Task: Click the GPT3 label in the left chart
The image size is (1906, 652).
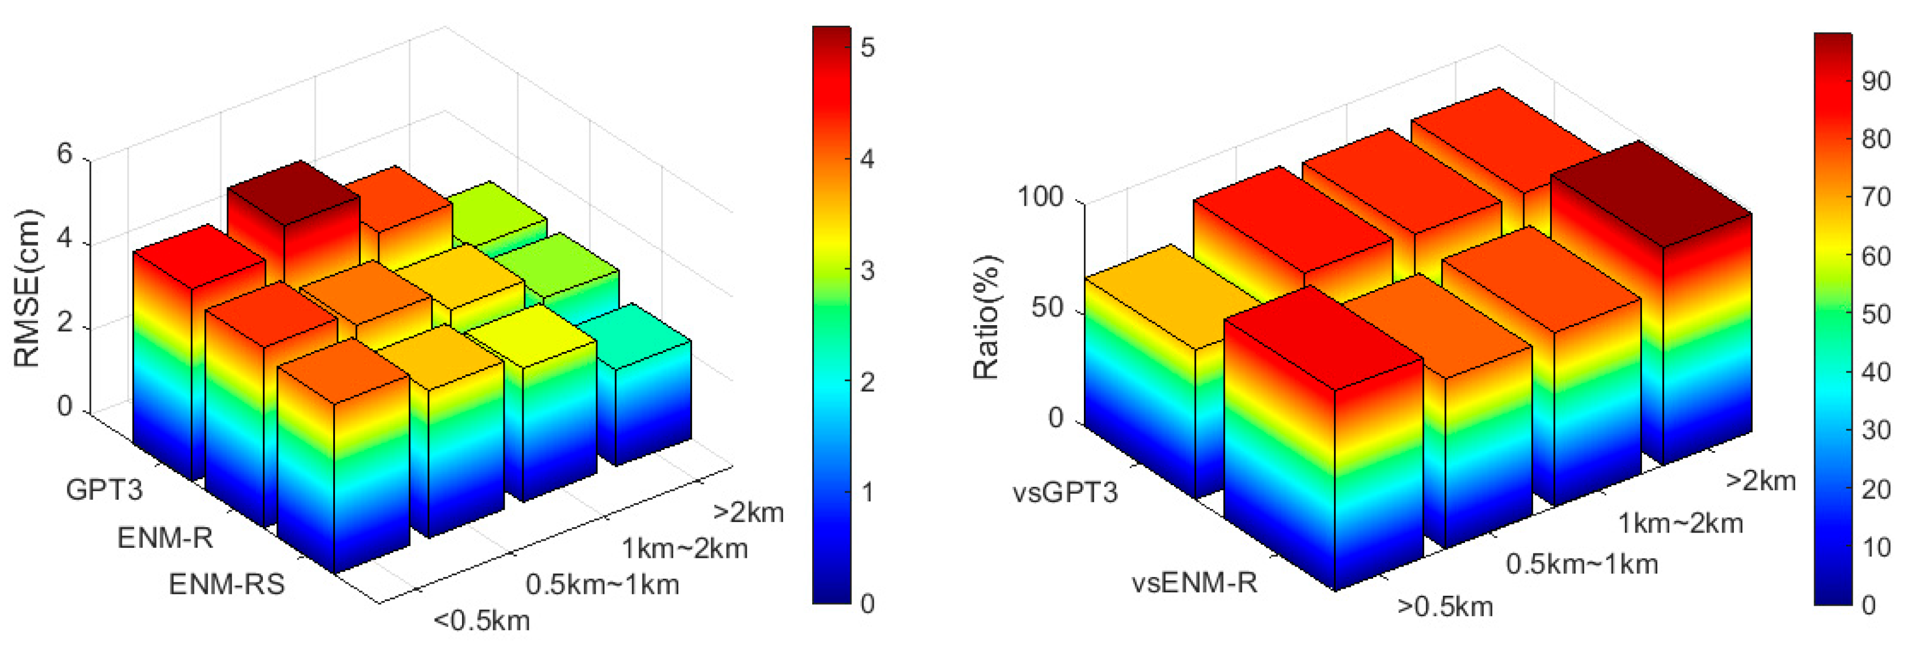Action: click(104, 489)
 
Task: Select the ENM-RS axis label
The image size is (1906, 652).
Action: click(227, 585)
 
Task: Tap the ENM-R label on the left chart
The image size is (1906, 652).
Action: click(165, 538)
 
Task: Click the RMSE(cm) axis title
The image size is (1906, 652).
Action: click(28, 289)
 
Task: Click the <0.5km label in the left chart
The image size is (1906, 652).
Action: click(482, 620)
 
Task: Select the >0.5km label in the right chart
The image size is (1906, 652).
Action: click(1445, 606)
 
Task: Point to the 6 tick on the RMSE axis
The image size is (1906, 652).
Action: click(65, 154)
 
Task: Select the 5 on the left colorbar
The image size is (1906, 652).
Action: click(867, 48)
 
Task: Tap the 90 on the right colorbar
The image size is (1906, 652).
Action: click(1876, 81)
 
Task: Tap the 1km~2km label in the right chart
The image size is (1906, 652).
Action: click(1679, 524)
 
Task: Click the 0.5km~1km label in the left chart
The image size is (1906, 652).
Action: click(603, 585)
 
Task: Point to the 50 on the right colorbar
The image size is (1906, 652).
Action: click(1876, 315)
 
